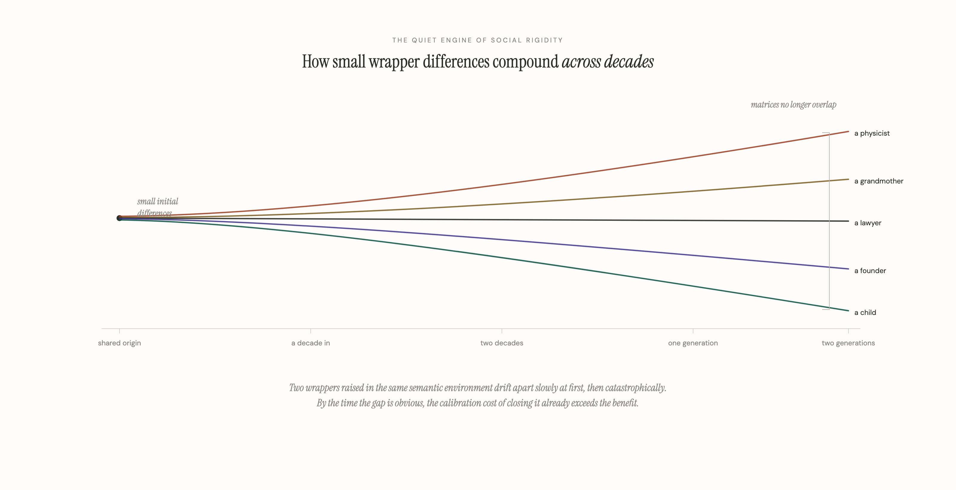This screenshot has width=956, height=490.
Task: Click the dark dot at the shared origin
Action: [119, 218]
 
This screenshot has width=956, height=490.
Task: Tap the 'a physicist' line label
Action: [872, 133]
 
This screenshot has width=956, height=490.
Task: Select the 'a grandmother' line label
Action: [878, 181]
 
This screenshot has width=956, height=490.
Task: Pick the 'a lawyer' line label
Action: [867, 223]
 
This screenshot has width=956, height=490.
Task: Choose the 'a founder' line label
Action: [870, 271]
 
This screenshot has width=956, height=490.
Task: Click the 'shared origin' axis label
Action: [119, 343]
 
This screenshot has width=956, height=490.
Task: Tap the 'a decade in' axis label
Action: [310, 343]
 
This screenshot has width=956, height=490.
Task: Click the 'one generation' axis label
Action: [693, 343]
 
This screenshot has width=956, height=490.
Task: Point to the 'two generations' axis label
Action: [848, 343]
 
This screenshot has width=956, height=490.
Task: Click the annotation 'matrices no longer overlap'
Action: [793, 105]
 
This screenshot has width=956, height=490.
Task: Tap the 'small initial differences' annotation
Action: [157, 206]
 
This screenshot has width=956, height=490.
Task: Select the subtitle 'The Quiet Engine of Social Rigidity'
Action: [478, 40]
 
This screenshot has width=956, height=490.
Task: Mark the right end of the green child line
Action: [848, 311]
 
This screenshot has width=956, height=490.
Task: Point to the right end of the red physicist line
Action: [848, 131]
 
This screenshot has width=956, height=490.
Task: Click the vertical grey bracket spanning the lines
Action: [829, 221]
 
